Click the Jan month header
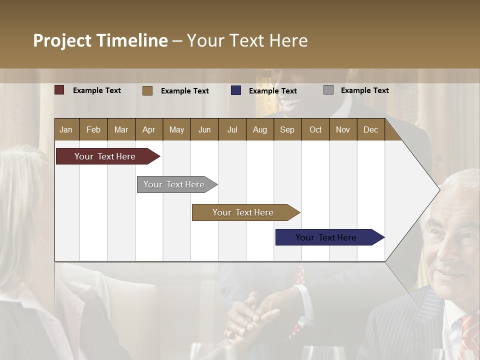click(x=66, y=129)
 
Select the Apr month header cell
click(x=149, y=129)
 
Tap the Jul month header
click(x=232, y=129)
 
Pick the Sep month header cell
click(x=287, y=129)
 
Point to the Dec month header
click(x=370, y=129)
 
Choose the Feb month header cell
click(x=93, y=129)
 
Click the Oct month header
click(x=315, y=129)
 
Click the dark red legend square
click(x=59, y=90)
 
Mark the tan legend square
click(x=147, y=90)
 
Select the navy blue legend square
click(x=236, y=90)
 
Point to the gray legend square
click(x=328, y=90)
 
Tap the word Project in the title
click(x=62, y=40)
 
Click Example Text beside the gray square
click(x=364, y=90)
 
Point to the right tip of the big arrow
click(x=439, y=189)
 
